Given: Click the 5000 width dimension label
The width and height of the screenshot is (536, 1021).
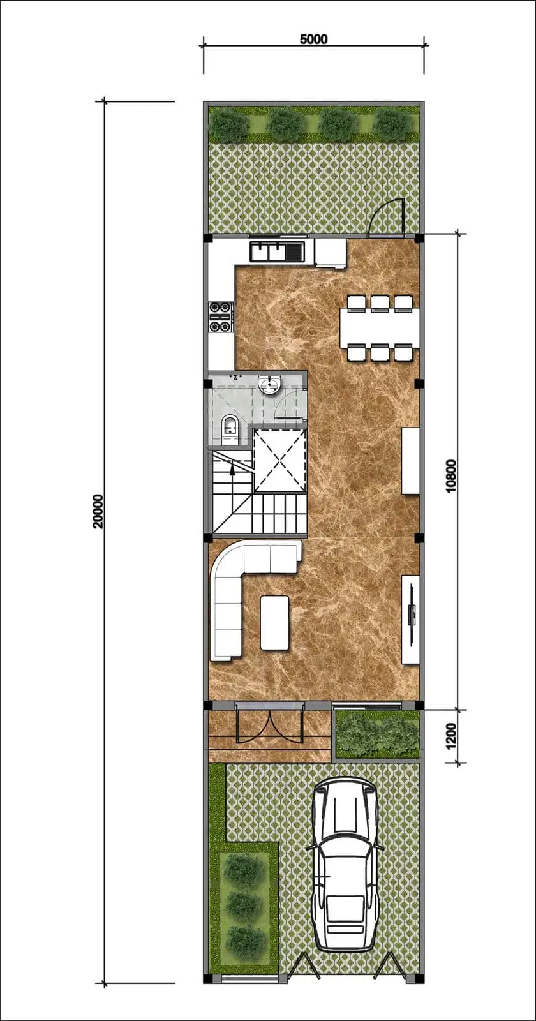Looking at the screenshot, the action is click(313, 39).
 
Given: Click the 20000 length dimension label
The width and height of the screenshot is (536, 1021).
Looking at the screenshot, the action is click(98, 511).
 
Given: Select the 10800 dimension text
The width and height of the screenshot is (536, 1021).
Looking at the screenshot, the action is click(450, 476).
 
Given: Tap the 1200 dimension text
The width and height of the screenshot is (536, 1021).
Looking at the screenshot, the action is click(450, 735).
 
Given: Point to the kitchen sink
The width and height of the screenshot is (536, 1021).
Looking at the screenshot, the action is click(277, 251).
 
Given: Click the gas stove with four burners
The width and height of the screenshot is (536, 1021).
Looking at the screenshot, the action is click(221, 317).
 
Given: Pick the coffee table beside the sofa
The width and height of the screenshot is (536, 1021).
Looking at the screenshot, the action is click(274, 623).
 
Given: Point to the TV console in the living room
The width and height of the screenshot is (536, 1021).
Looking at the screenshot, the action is click(411, 620).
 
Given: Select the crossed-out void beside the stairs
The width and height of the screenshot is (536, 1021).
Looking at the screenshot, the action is click(279, 461).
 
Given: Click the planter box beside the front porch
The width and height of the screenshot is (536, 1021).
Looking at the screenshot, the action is click(377, 734).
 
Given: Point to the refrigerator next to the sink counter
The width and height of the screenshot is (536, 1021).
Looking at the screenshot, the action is click(331, 253).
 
